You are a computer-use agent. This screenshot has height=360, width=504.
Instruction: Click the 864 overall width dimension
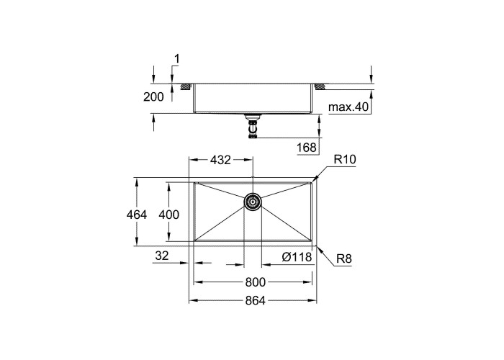[x=255, y=300]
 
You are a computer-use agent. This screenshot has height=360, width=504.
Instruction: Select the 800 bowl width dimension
[x=255, y=282]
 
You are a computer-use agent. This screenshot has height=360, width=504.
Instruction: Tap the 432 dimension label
[x=220, y=160]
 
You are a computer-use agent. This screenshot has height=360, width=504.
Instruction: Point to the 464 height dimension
[x=137, y=215]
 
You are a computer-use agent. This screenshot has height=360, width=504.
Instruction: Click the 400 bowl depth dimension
[x=168, y=215]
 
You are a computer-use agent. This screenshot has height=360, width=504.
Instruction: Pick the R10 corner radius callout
[x=345, y=159]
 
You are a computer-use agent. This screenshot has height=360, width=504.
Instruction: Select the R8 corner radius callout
[x=344, y=258]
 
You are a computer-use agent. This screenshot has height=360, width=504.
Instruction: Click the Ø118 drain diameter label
[x=297, y=257]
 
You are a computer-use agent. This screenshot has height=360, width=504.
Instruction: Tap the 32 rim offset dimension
[x=162, y=256]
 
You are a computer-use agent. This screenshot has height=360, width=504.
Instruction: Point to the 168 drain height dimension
[x=306, y=148]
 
